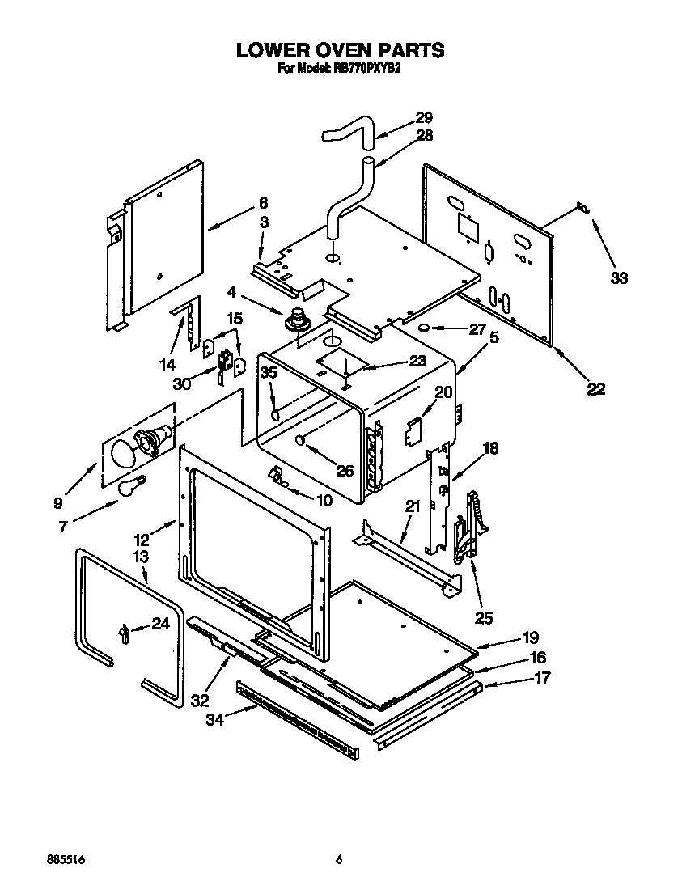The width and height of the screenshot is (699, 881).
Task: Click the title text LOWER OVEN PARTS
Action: coord(340,50)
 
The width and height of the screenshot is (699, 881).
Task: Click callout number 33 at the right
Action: coord(619,277)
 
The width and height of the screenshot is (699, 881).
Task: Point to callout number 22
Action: coord(595,389)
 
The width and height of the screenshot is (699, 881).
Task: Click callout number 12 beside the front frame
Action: coord(142,539)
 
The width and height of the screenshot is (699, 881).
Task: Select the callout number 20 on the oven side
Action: coord(443,392)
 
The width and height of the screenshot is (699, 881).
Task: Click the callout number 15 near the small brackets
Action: coord(234,319)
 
